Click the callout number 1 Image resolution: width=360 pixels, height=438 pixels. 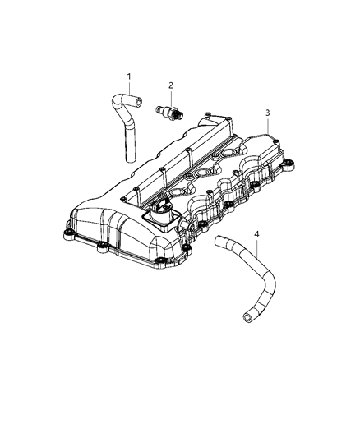click(128, 77)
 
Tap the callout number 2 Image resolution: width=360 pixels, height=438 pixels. click(171, 85)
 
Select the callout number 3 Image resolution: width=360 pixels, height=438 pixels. click(267, 112)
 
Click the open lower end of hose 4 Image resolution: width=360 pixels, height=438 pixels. click(244, 314)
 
